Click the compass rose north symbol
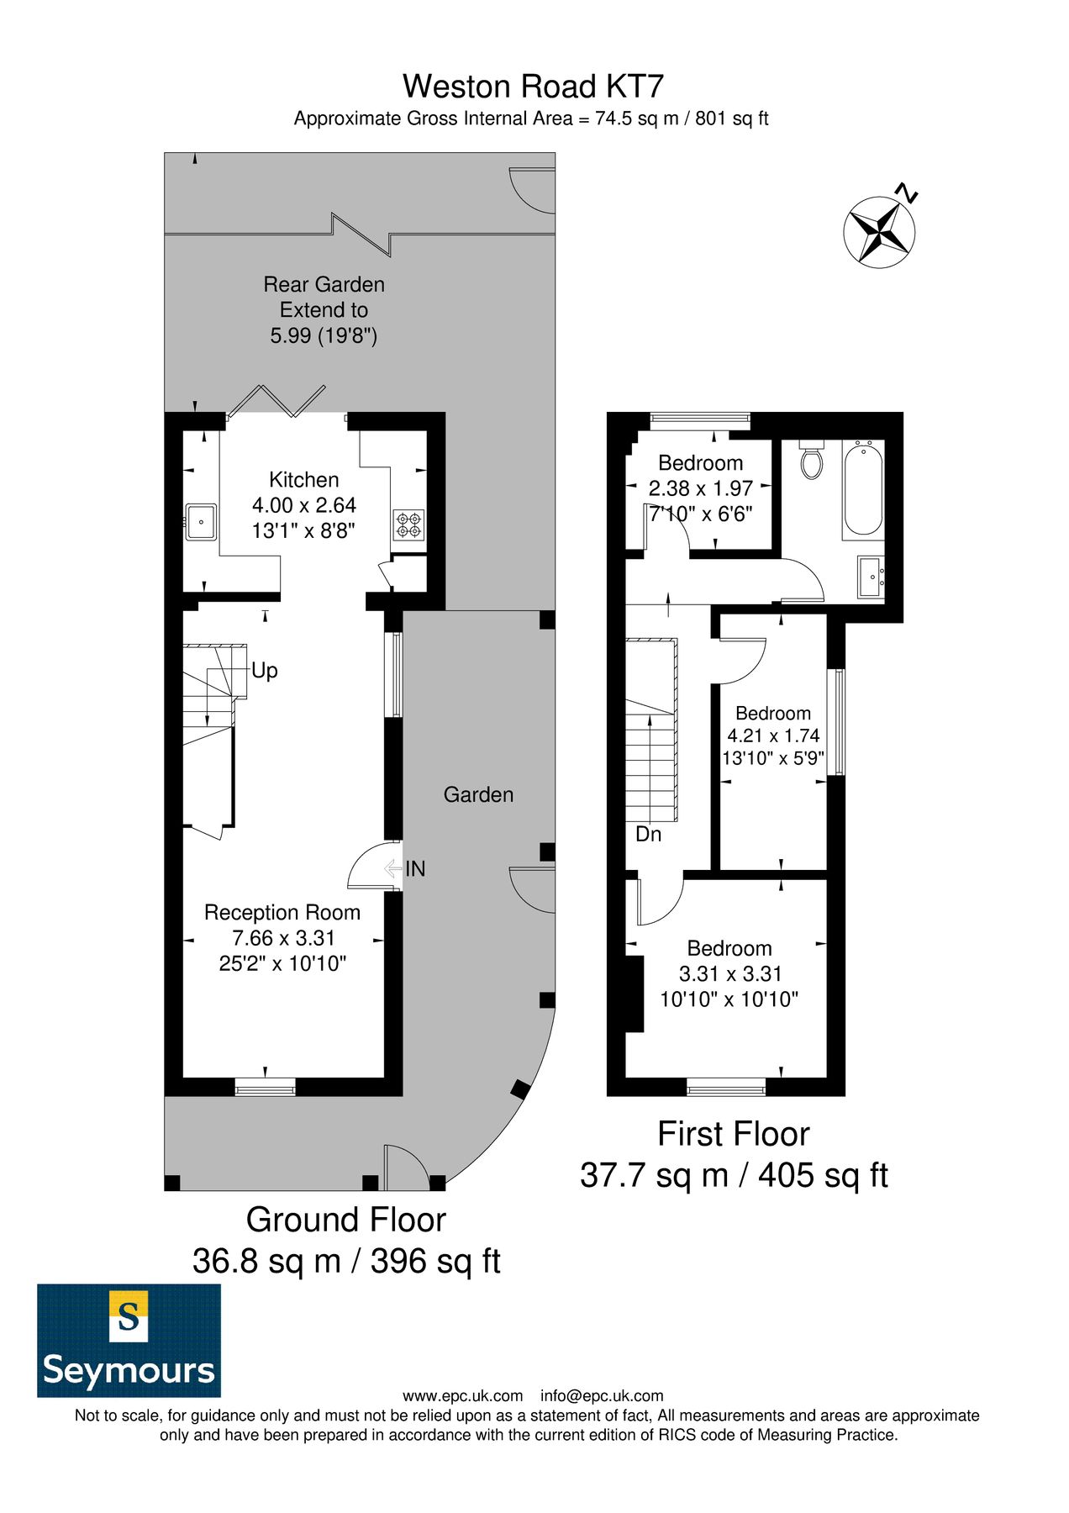coord(879,231)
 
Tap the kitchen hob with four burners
coord(408,525)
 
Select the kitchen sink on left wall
coord(201,522)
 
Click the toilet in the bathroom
coord(811,461)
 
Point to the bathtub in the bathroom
coord(863,492)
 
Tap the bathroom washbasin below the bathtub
coord(871,577)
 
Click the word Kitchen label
coord(303,480)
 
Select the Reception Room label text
coord(282,913)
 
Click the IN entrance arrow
coord(393,868)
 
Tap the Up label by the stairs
coord(264,671)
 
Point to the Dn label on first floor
coord(648,834)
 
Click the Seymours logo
coord(129,1340)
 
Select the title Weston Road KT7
coord(533,87)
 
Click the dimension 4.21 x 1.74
coord(773,735)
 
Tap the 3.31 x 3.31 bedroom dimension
coord(729,974)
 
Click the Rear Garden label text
coord(324,285)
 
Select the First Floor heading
coord(733,1134)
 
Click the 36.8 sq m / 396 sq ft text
coord(346,1261)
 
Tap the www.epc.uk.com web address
coord(462,1396)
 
